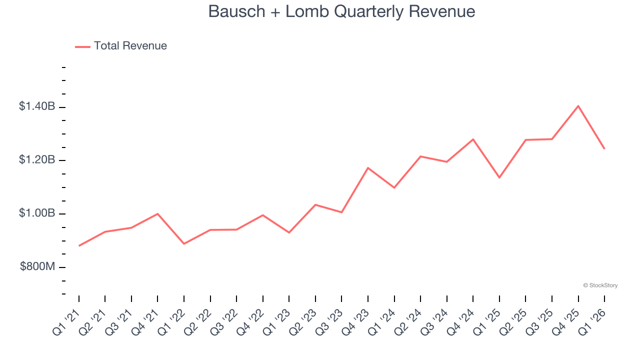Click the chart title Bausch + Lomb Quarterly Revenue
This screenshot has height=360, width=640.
tap(341, 11)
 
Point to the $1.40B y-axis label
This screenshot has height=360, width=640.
tap(37, 106)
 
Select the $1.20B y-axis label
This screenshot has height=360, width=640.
tap(37, 160)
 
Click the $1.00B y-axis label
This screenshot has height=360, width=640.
tap(37, 213)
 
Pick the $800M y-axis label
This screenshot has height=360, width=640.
tap(37, 267)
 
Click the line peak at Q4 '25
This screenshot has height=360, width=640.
tap(578, 106)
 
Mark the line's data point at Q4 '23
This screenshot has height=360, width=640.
tap(368, 168)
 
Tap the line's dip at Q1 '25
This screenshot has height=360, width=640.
tap(499, 177)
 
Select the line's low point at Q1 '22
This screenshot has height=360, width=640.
tap(184, 243)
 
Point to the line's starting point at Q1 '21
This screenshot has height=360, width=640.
tap(79, 245)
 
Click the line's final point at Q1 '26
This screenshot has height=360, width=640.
tap(604, 148)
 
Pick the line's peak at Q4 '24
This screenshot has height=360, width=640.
tap(473, 139)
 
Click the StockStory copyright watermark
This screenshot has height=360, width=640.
tap(600, 285)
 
